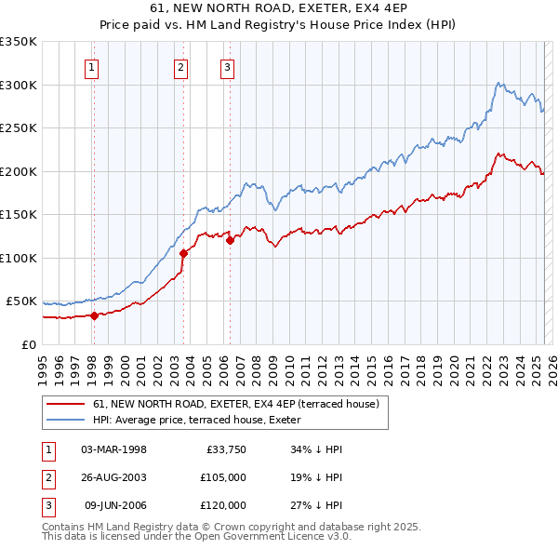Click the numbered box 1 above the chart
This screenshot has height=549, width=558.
(x=93, y=66)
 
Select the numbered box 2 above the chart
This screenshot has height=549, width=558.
(x=179, y=66)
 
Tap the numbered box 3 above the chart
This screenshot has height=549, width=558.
(x=227, y=66)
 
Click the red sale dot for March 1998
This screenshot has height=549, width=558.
(x=94, y=315)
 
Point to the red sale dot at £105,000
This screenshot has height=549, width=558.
(x=183, y=253)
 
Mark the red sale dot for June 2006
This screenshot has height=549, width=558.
(x=230, y=240)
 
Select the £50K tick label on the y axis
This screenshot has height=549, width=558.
(x=21, y=301)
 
